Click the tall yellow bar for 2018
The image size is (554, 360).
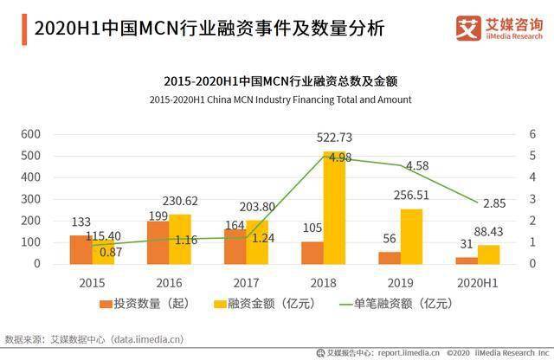pos(334,208)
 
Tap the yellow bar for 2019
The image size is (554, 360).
pos(411,236)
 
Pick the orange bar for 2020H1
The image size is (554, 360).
pos(466,260)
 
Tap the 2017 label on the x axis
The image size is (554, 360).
pos(248,282)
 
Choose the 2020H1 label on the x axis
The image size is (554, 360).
pos(479,282)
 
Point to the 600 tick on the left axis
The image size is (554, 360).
pos(31,134)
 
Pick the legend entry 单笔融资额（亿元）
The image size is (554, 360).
pos(406,304)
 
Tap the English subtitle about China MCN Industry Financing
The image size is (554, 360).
pos(280,100)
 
